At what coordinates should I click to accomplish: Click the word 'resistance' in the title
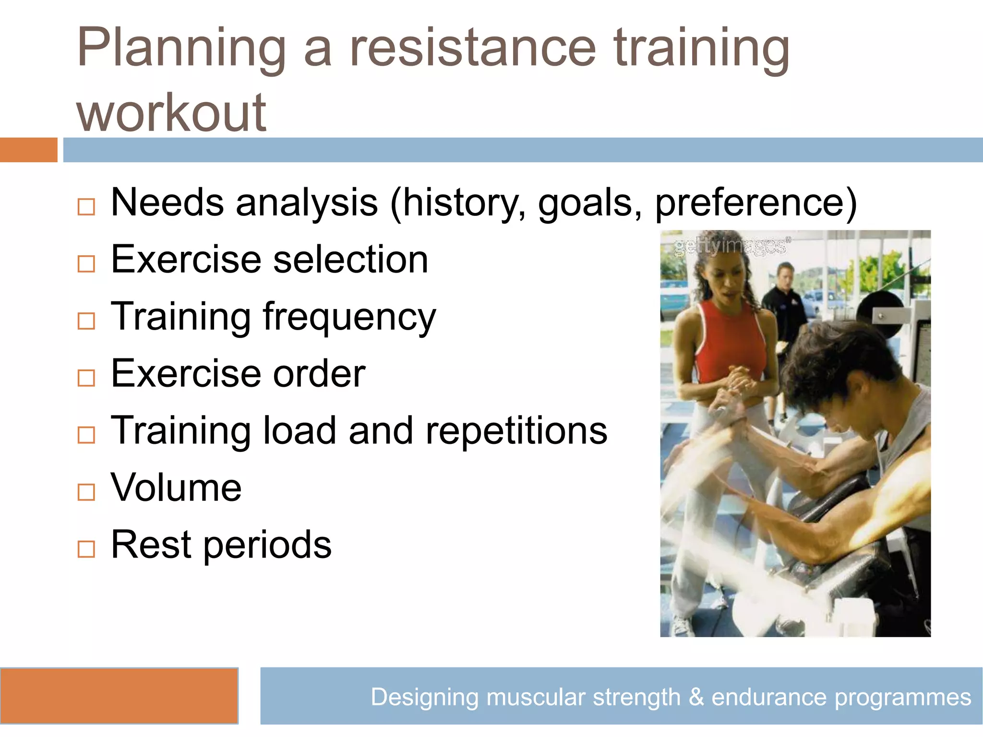(473, 48)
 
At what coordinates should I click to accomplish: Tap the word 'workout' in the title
(171, 113)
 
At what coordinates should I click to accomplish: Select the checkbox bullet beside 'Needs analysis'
(86, 207)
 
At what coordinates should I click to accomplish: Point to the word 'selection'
(350, 260)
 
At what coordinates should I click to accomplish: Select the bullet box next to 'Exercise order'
(86, 378)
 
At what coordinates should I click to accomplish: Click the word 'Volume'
(176, 487)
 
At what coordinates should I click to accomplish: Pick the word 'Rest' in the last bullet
(151, 545)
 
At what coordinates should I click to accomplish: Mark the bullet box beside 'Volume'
(86, 492)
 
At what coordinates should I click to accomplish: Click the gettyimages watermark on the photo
(730, 246)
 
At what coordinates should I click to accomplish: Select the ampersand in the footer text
(695, 697)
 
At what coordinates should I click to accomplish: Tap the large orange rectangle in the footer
(119, 695)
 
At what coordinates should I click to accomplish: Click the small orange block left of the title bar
(28, 150)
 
